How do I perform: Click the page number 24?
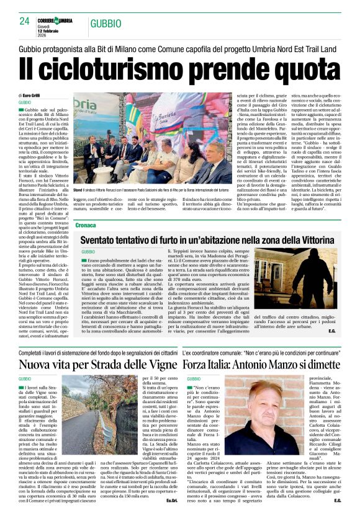pyautogui.click(x=25, y=20)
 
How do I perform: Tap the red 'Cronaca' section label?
pyautogui.click(x=86, y=225)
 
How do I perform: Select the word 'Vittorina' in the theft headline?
pyautogui.click(x=312, y=239)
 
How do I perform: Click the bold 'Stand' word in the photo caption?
pyautogui.click(x=78, y=190)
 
